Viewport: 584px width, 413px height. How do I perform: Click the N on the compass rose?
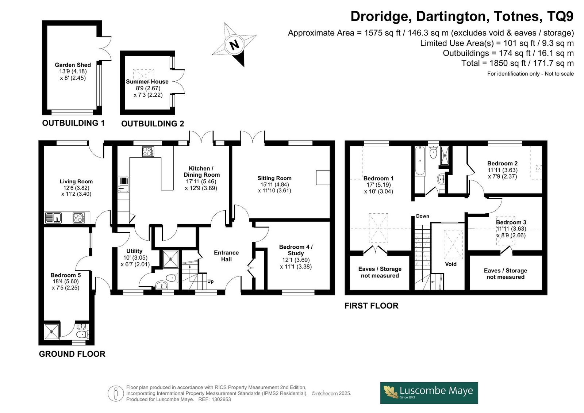[x=234, y=45]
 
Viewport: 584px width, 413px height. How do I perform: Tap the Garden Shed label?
[x=73, y=65]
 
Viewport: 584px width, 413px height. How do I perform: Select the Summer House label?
[x=147, y=82]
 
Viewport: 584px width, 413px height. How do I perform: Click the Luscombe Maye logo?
[x=429, y=393]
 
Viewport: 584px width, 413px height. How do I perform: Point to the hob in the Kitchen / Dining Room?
[x=148, y=152]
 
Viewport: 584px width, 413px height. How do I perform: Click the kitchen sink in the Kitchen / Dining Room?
[x=123, y=185]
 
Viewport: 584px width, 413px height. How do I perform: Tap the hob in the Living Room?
[x=79, y=218]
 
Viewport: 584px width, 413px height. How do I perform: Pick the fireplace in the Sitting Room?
[x=323, y=178]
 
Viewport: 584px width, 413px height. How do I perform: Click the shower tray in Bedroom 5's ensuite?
[x=51, y=332]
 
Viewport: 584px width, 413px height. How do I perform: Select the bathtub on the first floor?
[x=420, y=161]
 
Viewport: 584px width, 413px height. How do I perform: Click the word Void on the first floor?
[x=451, y=264]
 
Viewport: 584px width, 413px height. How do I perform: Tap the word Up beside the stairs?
[x=210, y=281]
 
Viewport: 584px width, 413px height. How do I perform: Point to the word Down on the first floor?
[x=423, y=216]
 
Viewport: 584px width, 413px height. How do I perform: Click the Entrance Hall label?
[x=226, y=256]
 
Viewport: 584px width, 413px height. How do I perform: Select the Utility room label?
[x=134, y=251]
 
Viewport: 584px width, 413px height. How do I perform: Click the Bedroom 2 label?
[x=502, y=164]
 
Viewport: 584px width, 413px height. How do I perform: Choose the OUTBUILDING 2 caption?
[x=153, y=124]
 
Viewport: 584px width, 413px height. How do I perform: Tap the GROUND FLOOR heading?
[x=72, y=354]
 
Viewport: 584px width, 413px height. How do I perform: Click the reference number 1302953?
[x=221, y=399]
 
